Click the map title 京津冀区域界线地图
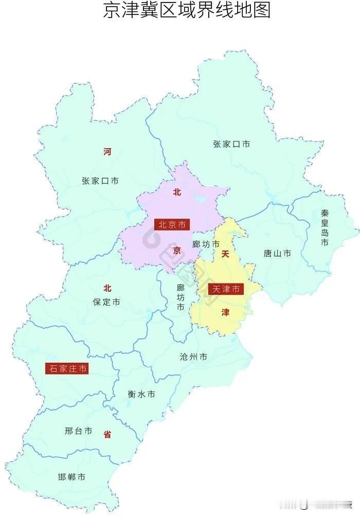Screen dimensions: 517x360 tap(187, 11)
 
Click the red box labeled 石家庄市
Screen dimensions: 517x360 tap(66, 368)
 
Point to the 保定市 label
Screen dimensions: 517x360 tap(107, 302)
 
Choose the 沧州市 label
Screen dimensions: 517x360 tap(194, 356)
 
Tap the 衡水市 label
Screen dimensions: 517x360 tap(141, 394)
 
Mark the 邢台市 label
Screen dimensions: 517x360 tap(79, 431)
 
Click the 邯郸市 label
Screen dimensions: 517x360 tap(72, 477)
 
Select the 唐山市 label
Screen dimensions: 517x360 tap(277, 253)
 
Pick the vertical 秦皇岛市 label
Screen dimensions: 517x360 tap(325, 227)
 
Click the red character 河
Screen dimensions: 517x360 tap(107, 152)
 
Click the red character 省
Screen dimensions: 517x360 tap(107, 434)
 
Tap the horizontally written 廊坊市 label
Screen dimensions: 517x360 tap(206, 243)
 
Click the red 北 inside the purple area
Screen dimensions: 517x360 tap(177, 192)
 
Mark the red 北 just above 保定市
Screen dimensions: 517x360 tap(107, 288)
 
